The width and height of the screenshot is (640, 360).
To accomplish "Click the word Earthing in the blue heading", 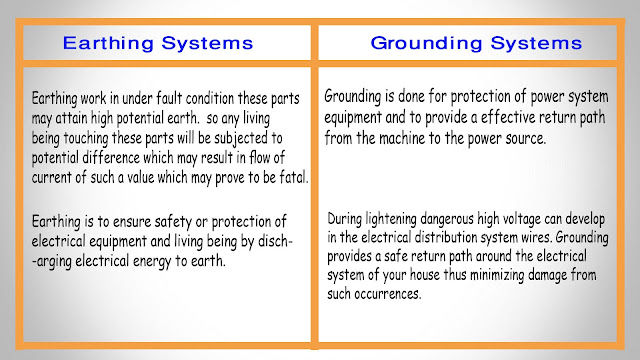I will point(107,44).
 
